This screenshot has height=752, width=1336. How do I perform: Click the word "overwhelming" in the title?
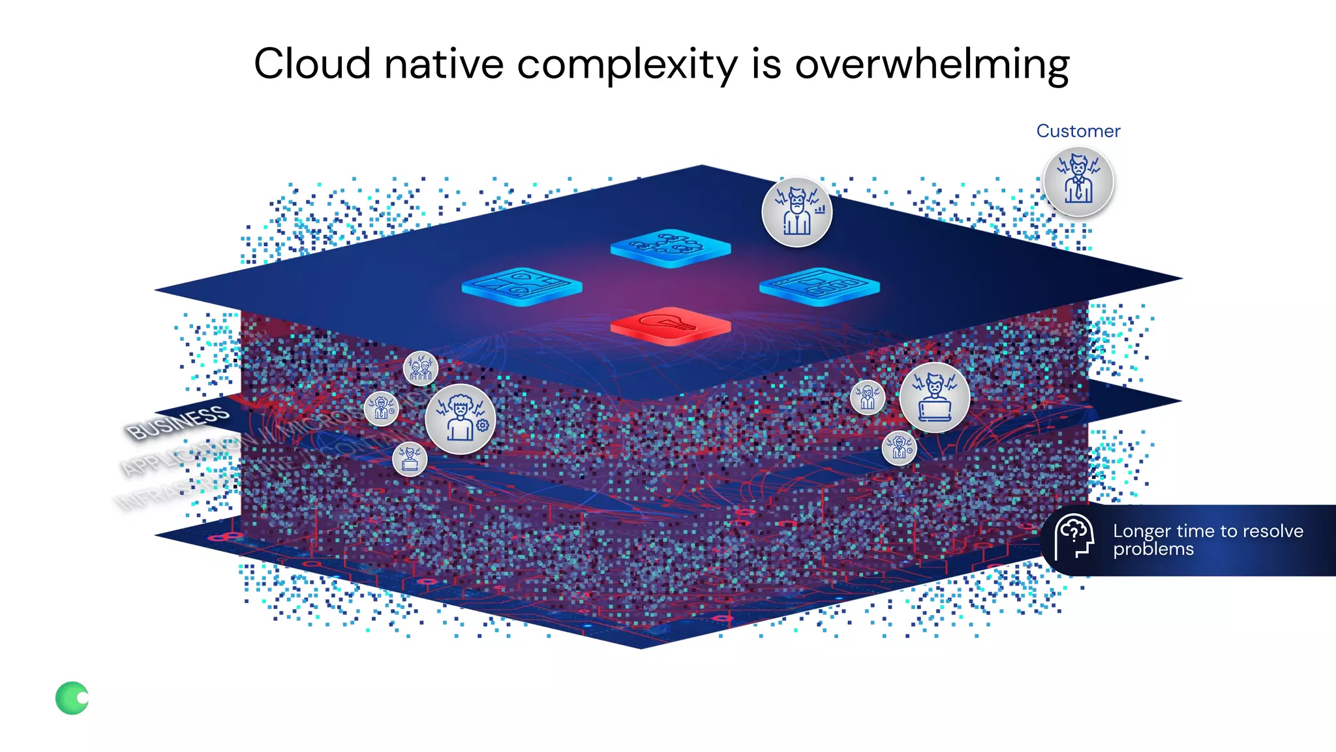pos(932,65)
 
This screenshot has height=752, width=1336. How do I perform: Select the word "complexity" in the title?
pos(627,65)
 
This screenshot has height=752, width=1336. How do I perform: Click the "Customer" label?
pos(1078,131)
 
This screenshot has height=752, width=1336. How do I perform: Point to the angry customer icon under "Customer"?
pos(1078,181)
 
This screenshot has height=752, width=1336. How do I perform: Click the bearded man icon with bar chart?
pos(797,212)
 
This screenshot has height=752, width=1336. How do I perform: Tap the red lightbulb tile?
pos(670,324)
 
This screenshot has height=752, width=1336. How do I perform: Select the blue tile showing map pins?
pos(521,286)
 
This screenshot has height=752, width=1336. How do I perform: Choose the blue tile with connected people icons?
pos(670,247)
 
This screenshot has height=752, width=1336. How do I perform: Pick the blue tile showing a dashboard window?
pos(819,286)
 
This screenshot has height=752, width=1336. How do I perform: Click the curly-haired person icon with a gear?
pos(460,419)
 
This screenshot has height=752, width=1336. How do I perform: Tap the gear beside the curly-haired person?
pos(483,426)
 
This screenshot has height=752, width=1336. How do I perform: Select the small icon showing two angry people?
pos(421,368)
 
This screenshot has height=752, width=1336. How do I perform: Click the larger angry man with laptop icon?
pos(934,398)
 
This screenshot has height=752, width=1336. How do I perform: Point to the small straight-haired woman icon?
pos(868,397)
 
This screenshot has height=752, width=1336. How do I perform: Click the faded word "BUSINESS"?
pos(177,422)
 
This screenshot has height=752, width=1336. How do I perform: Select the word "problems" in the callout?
pos(1153,550)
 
